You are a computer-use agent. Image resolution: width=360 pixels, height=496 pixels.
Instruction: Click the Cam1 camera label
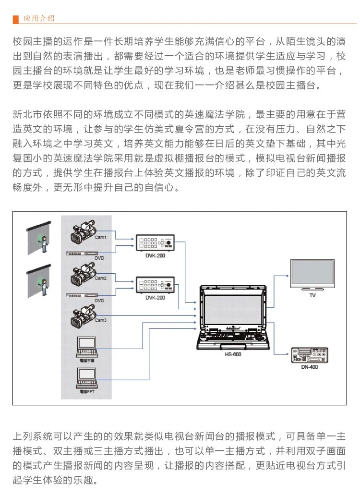click(x=101, y=237)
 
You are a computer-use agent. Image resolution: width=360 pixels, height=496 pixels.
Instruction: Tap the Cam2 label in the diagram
click(x=101, y=278)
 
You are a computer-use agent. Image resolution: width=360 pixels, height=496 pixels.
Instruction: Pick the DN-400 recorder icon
click(x=310, y=355)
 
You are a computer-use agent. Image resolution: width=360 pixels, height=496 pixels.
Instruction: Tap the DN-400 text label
click(x=311, y=367)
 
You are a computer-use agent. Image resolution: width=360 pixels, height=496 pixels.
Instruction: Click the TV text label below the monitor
click(x=312, y=295)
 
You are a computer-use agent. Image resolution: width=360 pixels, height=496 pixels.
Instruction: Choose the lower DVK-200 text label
click(x=155, y=297)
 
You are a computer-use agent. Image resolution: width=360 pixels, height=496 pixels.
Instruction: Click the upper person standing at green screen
click(x=45, y=244)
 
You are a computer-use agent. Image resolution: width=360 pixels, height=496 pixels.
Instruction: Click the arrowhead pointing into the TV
click(x=287, y=276)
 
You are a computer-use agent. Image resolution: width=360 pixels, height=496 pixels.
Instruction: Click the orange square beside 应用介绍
click(x=16, y=19)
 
